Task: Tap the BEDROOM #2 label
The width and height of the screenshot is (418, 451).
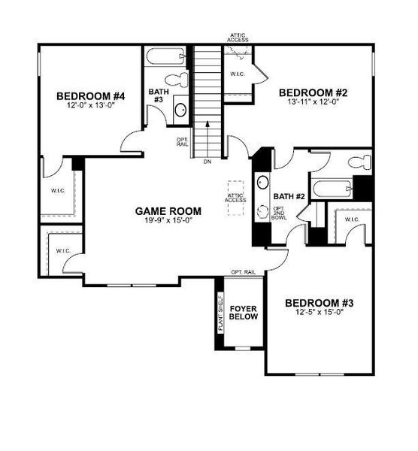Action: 312,93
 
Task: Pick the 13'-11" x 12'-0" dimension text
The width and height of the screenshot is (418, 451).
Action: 312,103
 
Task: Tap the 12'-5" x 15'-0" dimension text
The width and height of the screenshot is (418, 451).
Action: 319,313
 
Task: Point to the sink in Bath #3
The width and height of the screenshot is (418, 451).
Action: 181,110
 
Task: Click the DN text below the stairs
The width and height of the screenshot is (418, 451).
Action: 206,160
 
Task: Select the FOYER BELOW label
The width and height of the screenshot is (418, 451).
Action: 244,313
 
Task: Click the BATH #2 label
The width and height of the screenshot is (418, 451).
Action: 288,197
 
